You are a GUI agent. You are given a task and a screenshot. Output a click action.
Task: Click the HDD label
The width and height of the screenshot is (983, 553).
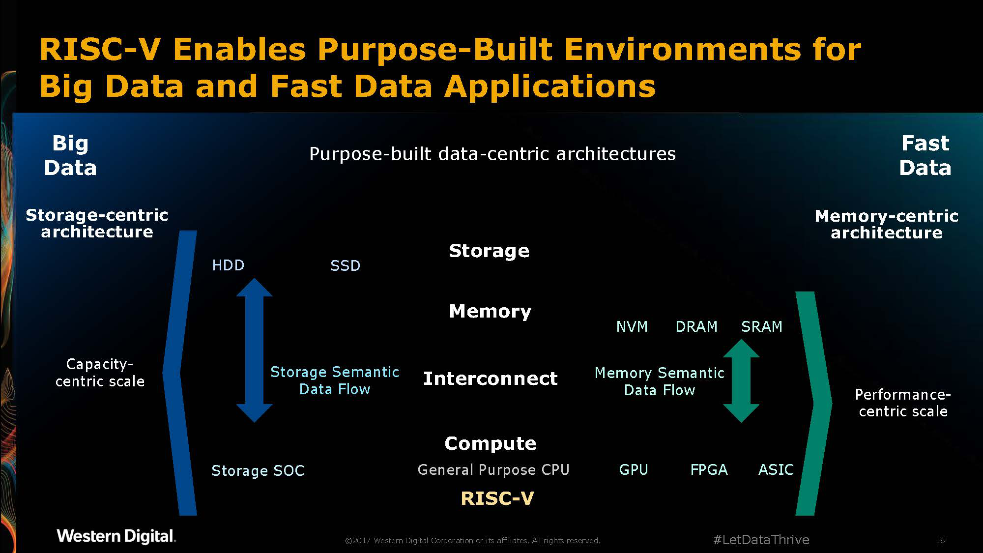point(228,265)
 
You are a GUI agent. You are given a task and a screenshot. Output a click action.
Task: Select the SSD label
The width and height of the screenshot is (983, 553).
point(345,266)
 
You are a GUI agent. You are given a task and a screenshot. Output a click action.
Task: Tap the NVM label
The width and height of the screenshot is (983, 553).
point(632,327)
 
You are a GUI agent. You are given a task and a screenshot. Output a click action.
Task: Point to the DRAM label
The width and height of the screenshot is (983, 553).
point(696,327)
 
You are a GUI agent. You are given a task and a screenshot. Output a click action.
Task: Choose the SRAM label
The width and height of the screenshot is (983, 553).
point(761,327)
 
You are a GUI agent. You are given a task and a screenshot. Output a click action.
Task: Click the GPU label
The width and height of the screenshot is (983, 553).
point(634,470)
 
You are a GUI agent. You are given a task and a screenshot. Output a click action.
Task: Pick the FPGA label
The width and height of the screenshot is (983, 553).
point(709,470)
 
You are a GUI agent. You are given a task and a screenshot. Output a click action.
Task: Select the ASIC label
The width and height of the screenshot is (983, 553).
point(776,470)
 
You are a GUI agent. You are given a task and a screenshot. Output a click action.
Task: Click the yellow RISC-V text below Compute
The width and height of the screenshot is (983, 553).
point(497,498)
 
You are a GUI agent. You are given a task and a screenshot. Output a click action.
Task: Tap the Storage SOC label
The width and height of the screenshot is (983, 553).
point(258,471)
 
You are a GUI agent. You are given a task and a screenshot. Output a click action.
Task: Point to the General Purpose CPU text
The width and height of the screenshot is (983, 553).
point(493,470)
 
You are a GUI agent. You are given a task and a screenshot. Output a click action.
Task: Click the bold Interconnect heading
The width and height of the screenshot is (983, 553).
point(491,378)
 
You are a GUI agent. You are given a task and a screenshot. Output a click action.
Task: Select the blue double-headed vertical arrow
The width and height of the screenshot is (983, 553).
point(254,350)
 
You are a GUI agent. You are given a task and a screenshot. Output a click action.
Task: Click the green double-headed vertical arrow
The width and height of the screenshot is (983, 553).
point(741,381)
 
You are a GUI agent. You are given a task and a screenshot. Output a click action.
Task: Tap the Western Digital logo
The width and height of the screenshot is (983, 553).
point(116,536)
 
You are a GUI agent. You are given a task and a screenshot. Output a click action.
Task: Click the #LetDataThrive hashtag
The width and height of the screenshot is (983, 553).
point(761,540)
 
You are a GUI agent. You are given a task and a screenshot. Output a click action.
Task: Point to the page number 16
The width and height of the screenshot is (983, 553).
point(940,541)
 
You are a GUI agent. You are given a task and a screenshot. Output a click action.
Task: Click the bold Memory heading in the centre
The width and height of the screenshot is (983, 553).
point(490,312)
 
